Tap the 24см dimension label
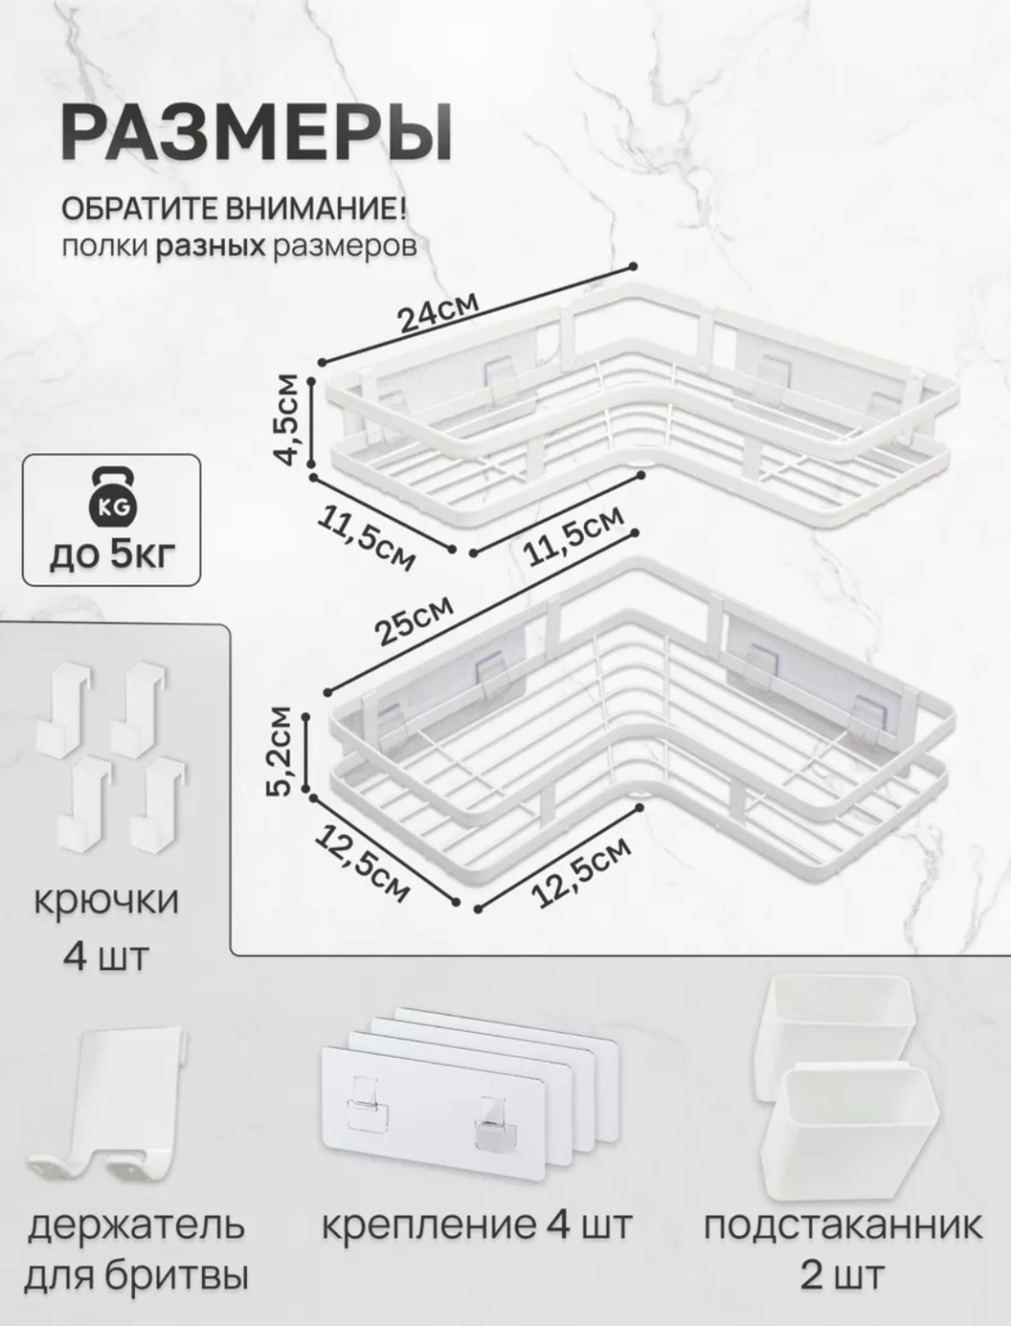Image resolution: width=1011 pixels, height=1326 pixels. (x=439, y=313)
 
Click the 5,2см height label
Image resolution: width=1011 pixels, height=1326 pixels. (x=282, y=751)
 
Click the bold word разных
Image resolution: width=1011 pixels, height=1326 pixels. (x=211, y=247)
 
